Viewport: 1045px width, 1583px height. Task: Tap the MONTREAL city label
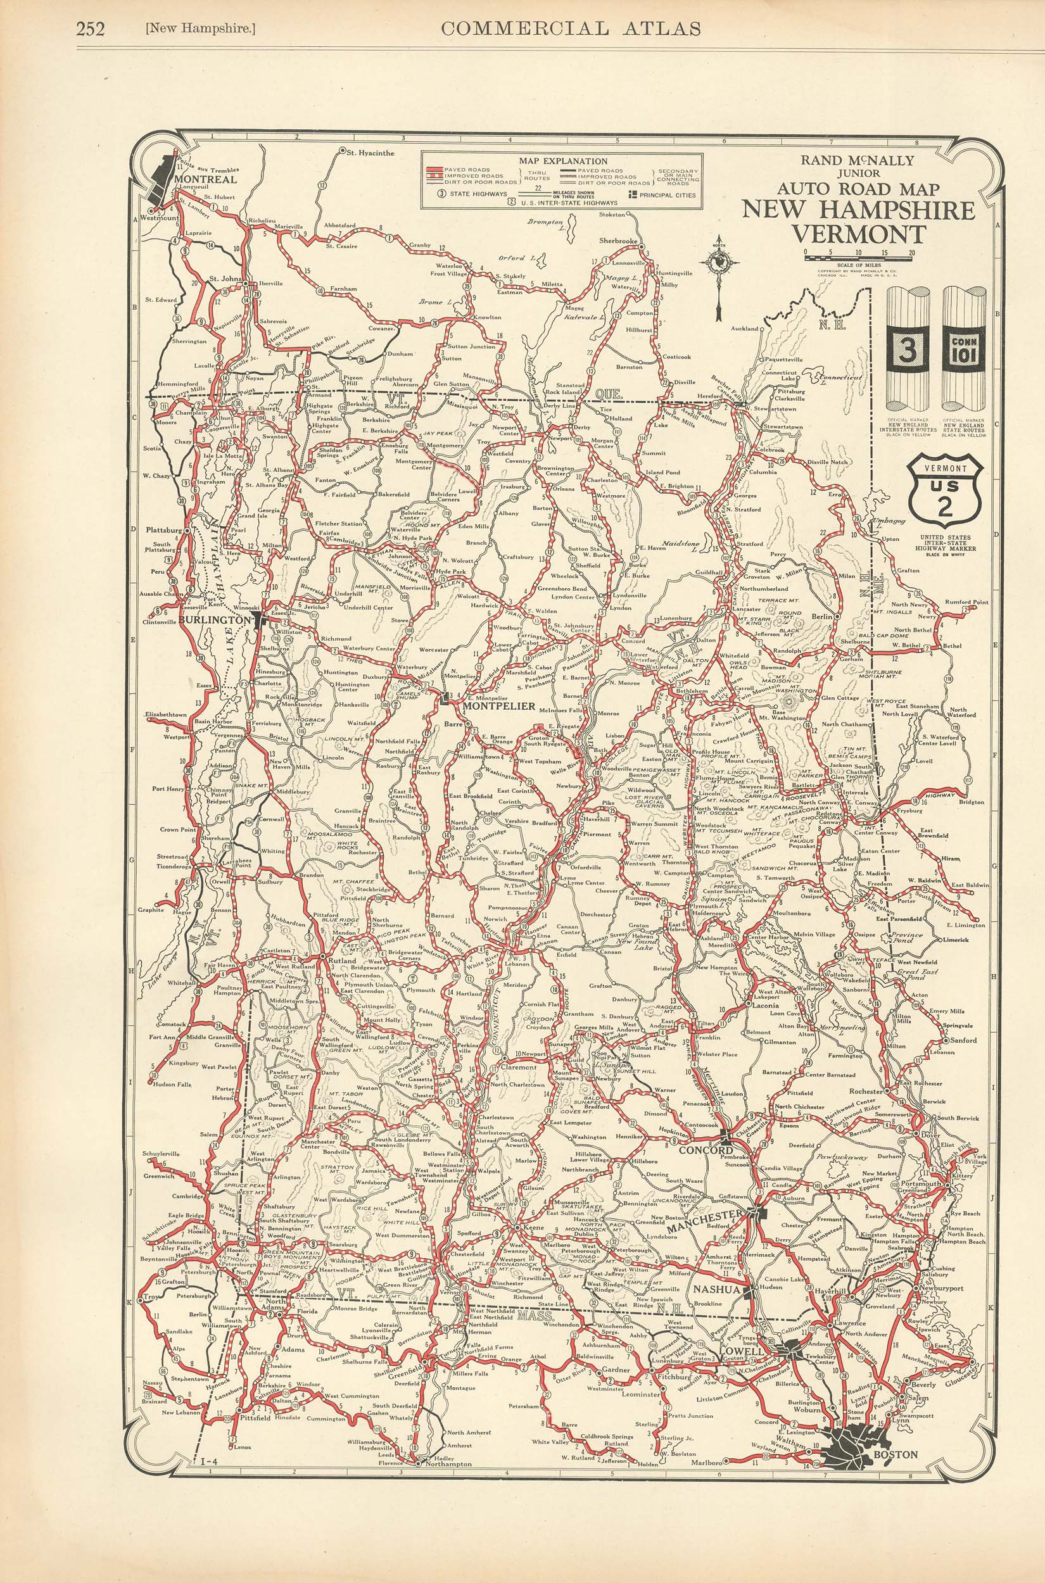point(205,180)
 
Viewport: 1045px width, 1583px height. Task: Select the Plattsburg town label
point(165,531)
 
